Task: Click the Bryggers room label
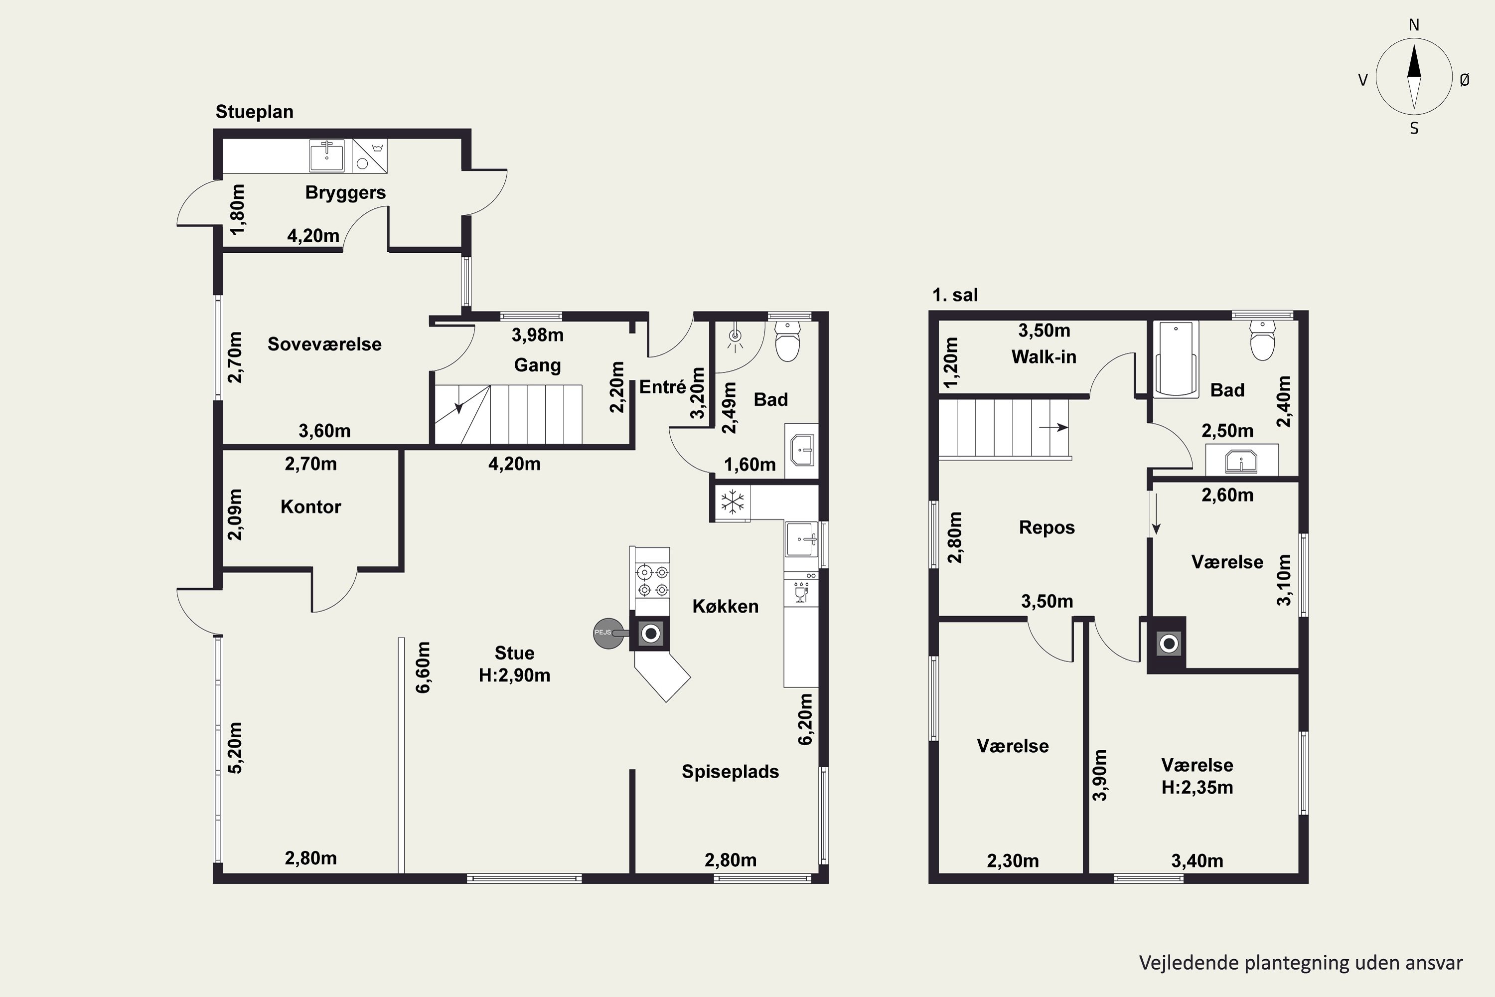tap(345, 192)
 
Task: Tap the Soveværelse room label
tap(324, 344)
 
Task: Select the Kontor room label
tap(311, 507)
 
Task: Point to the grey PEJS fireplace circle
tap(608, 633)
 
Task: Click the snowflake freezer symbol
tap(732, 502)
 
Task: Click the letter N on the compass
tap(1414, 25)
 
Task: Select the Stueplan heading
tap(254, 112)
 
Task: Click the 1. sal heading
tap(955, 295)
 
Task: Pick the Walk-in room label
tap(1044, 357)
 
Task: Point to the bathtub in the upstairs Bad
tap(1176, 359)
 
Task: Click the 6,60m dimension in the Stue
tap(423, 667)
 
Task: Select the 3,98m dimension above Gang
tap(537, 334)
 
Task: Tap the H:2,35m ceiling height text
tap(1197, 787)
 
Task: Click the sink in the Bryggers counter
tap(327, 156)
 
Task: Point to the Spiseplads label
tap(731, 772)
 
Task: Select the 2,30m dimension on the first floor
tap(1013, 861)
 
